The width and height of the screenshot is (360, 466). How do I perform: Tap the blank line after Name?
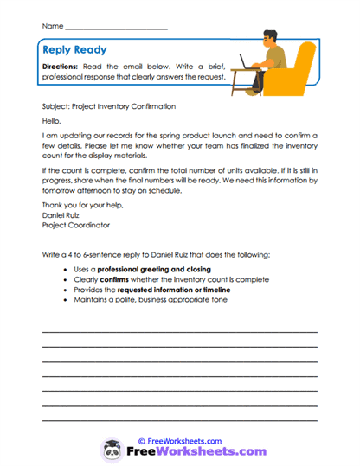tap(115, 29)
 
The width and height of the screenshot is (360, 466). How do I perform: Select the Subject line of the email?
tap(108, 106)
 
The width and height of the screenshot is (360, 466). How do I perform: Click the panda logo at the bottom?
tap(110, 449)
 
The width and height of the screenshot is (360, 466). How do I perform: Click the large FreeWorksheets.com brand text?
tap(195, 451)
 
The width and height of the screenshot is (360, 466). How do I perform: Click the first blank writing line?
tap(179, 331)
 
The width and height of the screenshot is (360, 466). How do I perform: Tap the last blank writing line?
tap(179, 420)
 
